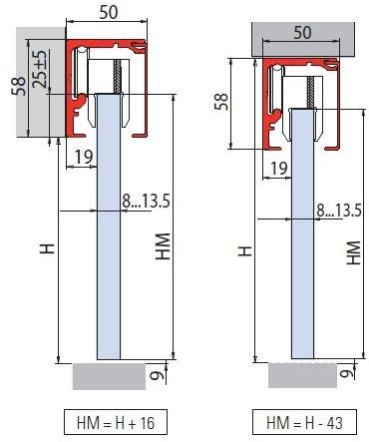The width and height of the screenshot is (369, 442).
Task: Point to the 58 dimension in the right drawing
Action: click(220, 102)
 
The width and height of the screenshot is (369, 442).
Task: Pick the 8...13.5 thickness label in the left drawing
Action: click(147, 202)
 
